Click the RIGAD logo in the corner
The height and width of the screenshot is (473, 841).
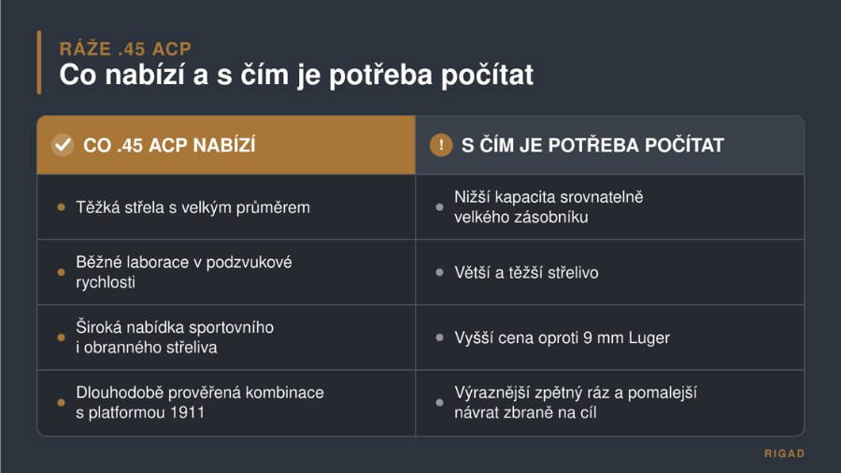click(784, 453)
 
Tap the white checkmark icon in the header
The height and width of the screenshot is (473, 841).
click(63, 145)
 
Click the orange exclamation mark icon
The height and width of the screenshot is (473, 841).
click(441, 145)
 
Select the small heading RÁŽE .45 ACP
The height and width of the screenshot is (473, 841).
click(125, 49)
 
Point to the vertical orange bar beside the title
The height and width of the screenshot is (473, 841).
click(39, 63)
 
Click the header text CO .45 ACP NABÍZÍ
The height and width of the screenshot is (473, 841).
click(169, 145)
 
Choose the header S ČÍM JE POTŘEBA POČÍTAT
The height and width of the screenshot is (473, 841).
click(592, 145)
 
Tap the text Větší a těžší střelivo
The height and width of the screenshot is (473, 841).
click(526, 273)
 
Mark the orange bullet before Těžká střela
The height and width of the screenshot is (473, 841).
click(61, 208)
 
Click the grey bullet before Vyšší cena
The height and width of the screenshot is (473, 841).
click(439, 337)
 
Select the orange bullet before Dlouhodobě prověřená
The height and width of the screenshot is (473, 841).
click(61, 403)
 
